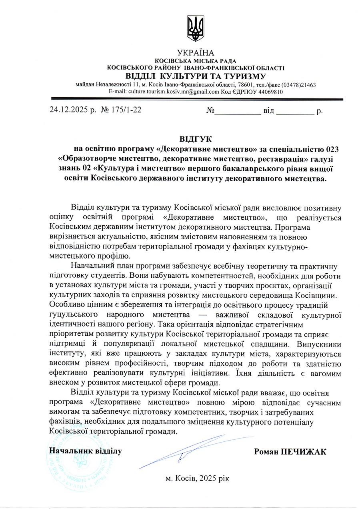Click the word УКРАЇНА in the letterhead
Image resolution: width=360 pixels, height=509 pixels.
click(x=196, y=53)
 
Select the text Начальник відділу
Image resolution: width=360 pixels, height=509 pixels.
click(x=85, y=451)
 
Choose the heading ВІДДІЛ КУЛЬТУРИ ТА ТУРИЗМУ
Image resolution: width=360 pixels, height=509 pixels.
click(x=196, y=76)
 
